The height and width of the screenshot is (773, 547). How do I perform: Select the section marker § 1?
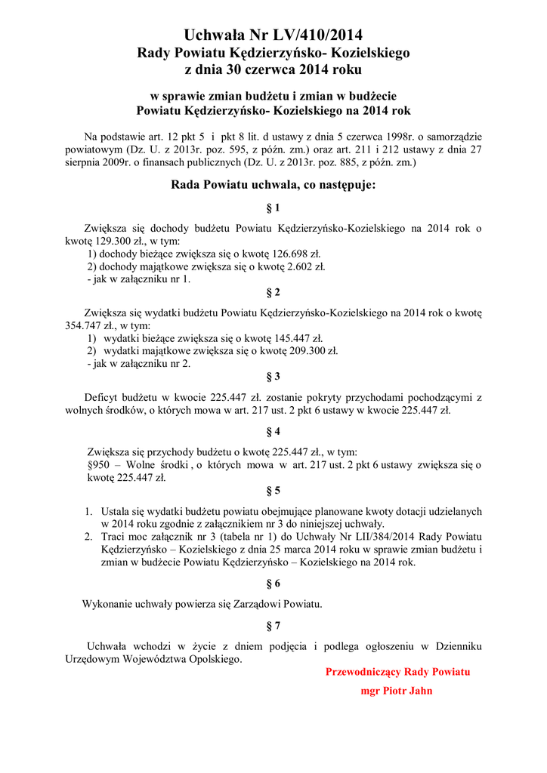[273, 208]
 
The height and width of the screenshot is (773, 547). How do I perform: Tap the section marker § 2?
[273, 292]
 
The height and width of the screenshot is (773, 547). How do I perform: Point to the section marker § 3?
[273, 376]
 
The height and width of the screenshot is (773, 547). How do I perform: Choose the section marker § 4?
[273, 432]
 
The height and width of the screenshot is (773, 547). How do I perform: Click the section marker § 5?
[273, 491]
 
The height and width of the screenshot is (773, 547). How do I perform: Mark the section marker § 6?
[273, 584]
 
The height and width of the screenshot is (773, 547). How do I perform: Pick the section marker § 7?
[273, 626]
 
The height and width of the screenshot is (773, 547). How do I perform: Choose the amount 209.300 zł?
[313, 351]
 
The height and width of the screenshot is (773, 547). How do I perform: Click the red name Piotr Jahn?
[408, 691]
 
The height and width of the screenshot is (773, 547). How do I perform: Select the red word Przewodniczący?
[363, 672]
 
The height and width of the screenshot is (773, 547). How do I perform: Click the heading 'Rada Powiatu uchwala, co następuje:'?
[273, 184]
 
